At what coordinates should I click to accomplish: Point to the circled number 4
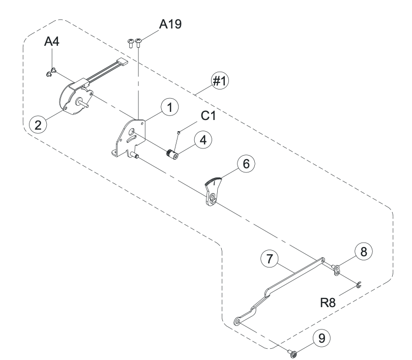pos(204,141)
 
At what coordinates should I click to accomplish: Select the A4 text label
pos(52,42)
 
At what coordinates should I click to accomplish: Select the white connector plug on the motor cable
pos(121,65)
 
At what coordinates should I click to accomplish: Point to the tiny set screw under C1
pos(179,133)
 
